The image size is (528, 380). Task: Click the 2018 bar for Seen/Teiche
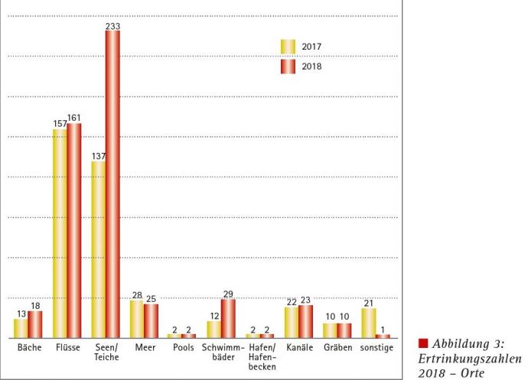[x=112, y=184]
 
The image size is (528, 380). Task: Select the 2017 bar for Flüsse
[x=60, y=233]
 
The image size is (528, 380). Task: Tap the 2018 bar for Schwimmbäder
[x=228, y=318]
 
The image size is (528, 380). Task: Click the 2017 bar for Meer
[x=137, y=319]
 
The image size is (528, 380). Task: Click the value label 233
[x=112, y=25]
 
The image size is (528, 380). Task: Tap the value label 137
[x=98, y=156]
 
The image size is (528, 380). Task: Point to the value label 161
[x=74, y=118]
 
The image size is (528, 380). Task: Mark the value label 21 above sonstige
[x=368, y=303]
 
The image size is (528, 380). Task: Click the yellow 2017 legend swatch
[x=287, y=47]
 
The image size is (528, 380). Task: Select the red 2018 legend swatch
[x=287, y=67]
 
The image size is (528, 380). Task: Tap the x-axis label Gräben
[x=337, y=349]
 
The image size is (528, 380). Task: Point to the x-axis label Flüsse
[x=67, y=349]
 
